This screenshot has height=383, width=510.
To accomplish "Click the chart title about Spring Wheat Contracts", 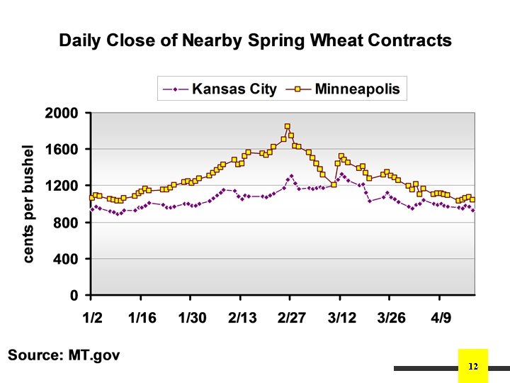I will (255, 40).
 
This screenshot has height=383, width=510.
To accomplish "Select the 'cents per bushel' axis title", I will (28, 204).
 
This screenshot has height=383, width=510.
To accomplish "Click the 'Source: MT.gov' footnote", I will (63, 354).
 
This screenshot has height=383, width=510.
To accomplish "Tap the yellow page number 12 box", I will (474, 366).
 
